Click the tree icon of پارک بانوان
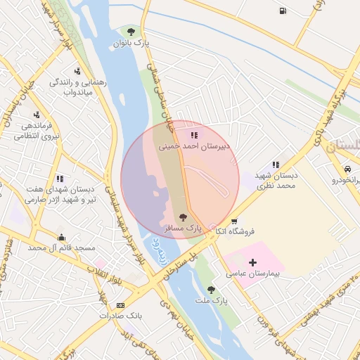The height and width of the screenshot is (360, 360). [x=130, y=30]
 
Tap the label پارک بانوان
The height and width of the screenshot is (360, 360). [x=131, y=44]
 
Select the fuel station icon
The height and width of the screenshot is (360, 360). [x=283, y=11]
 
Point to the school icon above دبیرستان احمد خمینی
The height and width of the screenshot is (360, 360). [x=194, y=135]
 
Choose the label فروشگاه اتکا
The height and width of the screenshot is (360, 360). [x=234, y=231]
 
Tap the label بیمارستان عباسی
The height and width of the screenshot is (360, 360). [x=251, y=274]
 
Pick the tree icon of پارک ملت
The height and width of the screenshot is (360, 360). [x=211, y=289]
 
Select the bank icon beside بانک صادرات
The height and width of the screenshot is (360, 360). [x=121, y=305]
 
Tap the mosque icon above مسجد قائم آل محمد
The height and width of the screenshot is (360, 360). [x=62, y=237]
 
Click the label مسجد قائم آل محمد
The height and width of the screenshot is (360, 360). [x=62, y=248]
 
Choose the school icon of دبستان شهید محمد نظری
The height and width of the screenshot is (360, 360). [x=276, y=164]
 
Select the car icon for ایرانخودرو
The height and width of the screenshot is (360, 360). [x=348, y=169]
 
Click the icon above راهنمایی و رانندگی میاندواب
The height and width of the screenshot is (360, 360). [x=86, y=70]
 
